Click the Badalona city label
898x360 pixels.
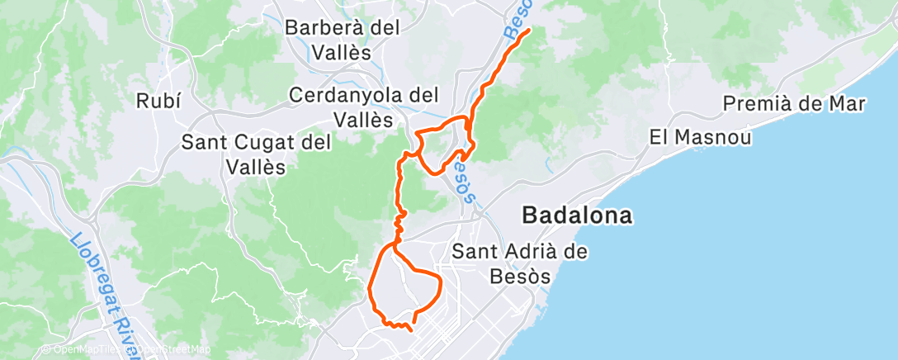pyautogui.click(x=577, y=216)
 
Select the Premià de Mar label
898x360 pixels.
pyautogui.click(x=794, y=104)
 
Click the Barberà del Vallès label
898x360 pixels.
pyautogui.click(x=342, y=39)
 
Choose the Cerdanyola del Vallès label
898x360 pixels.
pyautogui.click(x=363, y=107)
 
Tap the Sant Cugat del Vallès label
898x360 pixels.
pyautogui.click(x=256, y=154)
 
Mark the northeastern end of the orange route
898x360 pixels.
pyautogui.click(x=526, y=31)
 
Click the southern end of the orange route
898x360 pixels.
pyautogui.click(x=410, y=329)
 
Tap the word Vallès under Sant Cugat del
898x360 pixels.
pyautogui.click(x=256, y=166)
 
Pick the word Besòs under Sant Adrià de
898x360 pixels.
pyautogui.click(x=520, y=277)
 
